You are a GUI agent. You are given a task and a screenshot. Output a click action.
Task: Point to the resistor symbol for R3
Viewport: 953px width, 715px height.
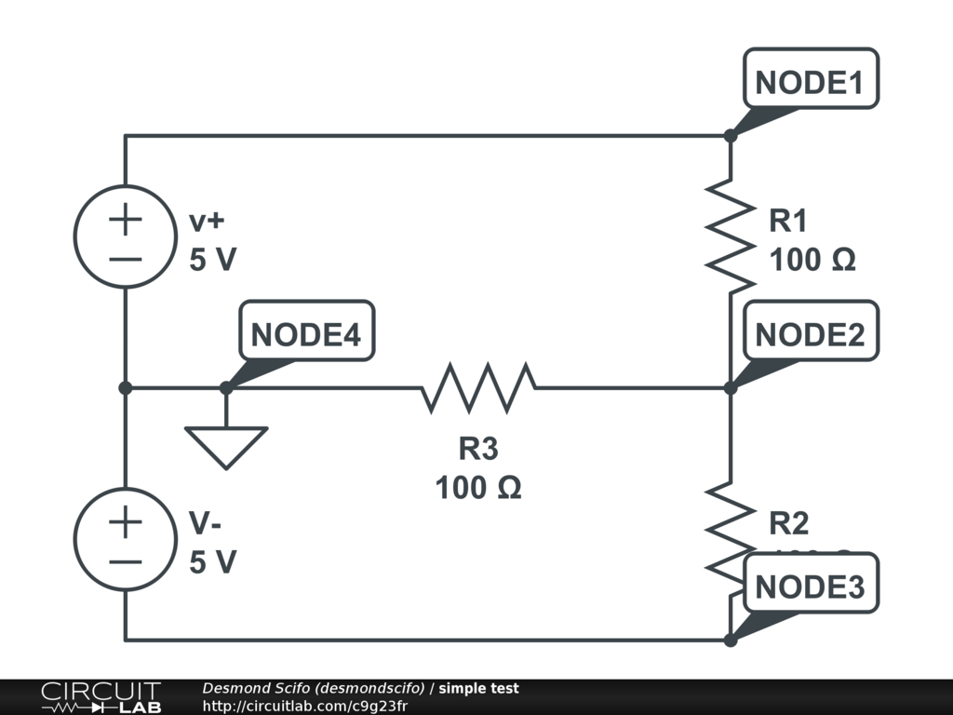[x=478, y=387]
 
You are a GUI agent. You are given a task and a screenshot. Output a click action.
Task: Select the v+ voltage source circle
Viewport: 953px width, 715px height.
[x=125, y=236]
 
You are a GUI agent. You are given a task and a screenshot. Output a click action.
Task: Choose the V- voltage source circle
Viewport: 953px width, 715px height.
[x=125, y=539]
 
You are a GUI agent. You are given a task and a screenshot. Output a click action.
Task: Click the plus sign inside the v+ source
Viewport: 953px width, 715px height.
[x=125, y=221]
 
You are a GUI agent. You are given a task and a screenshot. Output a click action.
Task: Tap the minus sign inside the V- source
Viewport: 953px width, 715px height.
[x=125, y=560]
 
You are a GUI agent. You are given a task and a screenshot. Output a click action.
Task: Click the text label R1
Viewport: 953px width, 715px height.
[x=787, y=222]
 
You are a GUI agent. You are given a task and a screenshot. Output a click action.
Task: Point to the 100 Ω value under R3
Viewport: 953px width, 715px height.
[x=478, y=486]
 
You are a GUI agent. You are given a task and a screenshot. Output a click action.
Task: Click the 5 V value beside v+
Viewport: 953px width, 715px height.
[x=213, y=260]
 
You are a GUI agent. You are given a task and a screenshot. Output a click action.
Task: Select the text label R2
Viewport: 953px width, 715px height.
[x=788, y=524]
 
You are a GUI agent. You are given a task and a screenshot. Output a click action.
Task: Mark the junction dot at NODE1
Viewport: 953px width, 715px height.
[x=731, y=136]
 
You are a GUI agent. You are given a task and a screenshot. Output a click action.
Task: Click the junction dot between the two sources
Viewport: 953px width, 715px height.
[x=125, y=387]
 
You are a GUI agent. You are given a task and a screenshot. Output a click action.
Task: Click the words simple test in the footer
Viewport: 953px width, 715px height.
[x=478, y=689]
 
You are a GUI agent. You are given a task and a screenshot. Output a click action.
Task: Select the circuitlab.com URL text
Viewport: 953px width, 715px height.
[x=304, y=706]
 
